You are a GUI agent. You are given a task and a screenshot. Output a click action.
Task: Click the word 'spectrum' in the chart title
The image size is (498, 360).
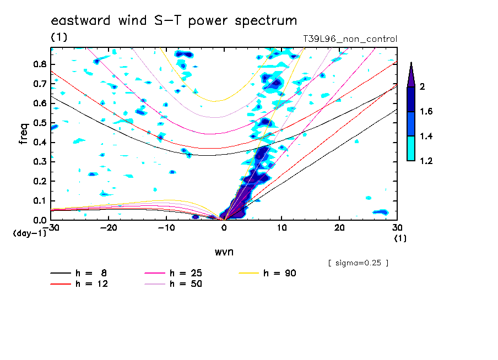pyautogui.click(x=266, y=21)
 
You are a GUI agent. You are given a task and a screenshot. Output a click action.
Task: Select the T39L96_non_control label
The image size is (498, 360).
pyautogui.click(x=350, y=39)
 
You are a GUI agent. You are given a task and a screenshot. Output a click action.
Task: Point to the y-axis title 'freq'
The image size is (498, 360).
pyautogui.click(x=23, y=134)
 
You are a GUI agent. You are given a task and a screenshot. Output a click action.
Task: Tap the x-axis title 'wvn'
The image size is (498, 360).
pyautogui.click(x=224, y=252)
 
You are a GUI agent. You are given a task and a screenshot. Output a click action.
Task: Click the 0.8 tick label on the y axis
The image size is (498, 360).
pyautogui.click(x=40, y=64)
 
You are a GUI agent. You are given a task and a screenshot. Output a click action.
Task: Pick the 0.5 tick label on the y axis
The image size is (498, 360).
pyautogui.click(x=40, y=123)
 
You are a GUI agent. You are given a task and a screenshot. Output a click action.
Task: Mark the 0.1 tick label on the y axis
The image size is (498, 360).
pyautogui.click(x=40, y=201)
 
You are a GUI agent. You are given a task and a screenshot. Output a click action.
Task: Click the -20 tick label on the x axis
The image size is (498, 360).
pyautogui.click(x=109, y=228)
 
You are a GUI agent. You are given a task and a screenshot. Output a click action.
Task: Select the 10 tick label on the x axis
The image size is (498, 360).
pyautogui.click(x=282, y=228)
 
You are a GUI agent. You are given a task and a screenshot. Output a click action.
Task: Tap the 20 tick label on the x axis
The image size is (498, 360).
pyautogui.click(x=339, y=228)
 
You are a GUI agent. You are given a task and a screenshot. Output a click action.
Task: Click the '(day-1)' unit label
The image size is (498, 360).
pyautogui.click(x=29, y=233)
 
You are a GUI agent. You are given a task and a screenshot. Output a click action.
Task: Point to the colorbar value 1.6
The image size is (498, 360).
pyautogui.click(x=426, y=111)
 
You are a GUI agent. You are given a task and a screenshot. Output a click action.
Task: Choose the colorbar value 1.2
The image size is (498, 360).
pyautogui.click(x=426, y=161)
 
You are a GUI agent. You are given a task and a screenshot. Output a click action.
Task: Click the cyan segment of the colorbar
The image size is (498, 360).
pyautogui.click(x=411, y=148)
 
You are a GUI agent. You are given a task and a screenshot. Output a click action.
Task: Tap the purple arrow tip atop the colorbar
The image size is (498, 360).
pyautogui.click(x=412, y=62)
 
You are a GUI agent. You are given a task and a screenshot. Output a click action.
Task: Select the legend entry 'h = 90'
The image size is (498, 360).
pyautogui.click(x=268, y=273)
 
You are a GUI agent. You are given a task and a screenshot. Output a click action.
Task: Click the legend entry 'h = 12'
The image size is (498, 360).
pyautogui.click(x=79, y=283)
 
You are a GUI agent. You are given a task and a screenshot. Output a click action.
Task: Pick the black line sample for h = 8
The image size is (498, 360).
pyautogui.click(x=61, y=273)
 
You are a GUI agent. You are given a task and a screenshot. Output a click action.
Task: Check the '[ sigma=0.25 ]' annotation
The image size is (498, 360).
pyautogui.click(x=358, y=263)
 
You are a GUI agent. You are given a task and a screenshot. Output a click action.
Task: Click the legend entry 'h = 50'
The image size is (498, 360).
pyautogui.click(x=174, y=283)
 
